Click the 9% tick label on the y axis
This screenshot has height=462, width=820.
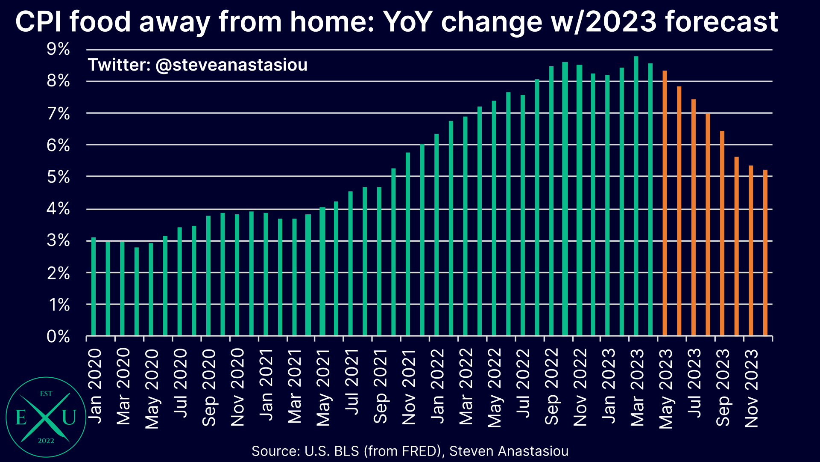pos(58,49)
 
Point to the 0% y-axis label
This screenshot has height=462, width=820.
pos(58,337)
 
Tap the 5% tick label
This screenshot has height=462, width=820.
pos(58,177)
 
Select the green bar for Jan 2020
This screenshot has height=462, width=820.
pos(94,287)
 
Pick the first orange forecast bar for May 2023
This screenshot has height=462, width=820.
pos(665,203)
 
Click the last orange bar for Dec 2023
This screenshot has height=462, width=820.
pos(765,252)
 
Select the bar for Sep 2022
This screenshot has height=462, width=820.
pos(551,201)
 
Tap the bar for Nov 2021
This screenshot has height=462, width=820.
pos(408,244)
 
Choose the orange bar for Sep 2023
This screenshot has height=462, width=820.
pos(722,233)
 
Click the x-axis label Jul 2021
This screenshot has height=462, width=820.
pos(351,382)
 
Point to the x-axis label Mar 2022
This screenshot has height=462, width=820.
pos(466,386)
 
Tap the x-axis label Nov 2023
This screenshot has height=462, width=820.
pos(751,388)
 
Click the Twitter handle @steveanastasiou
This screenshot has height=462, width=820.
pos(231,65)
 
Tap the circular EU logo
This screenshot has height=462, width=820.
pos(46,417)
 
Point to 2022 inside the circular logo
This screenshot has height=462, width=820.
pos(46,441)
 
